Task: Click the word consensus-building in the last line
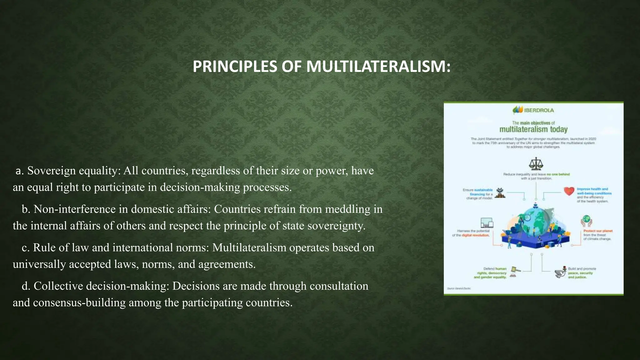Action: (x=79, y=303)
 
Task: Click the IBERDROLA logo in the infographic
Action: (x=533, y=110)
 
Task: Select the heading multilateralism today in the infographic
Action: (x=533, y=129)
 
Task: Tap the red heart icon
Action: (x=569, y=191)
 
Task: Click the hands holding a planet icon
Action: (x=587, y=221)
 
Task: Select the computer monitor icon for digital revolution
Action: (x=487, y=223)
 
